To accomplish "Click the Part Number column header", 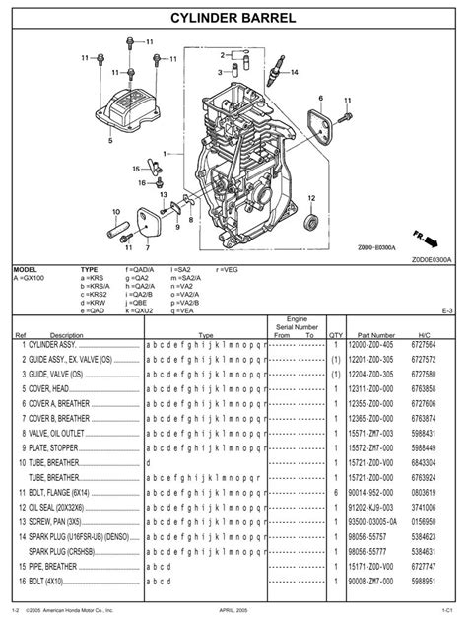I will pyautogui.click(x=376, y=335).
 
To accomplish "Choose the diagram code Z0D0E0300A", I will pyautogui.click(x=429, y=259).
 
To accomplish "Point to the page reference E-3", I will pyautogui.click(x=447, y=309).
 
